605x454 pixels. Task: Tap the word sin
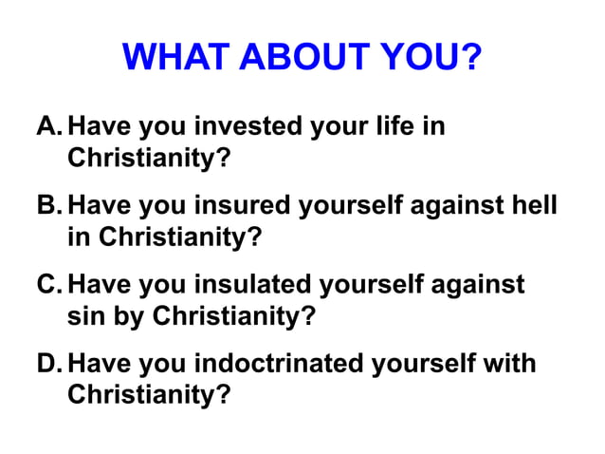pos(86,313)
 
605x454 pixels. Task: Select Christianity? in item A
pos(149,156)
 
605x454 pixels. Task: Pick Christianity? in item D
pos(149,393)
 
